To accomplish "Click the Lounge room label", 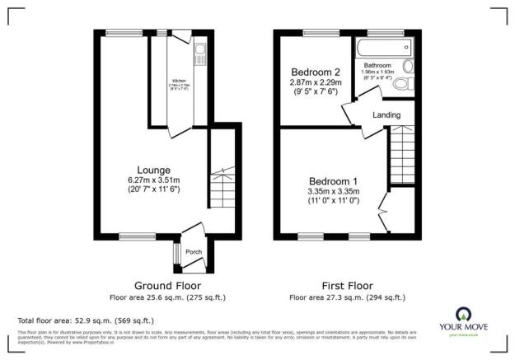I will [x=154, y=170].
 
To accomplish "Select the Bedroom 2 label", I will [x=310, y=72].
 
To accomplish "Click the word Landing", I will [x=387, y=115].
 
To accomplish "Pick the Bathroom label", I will [x=377, y=64].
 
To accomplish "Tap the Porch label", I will [x=193, y=252].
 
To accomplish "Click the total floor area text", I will [x=86, y=320].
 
